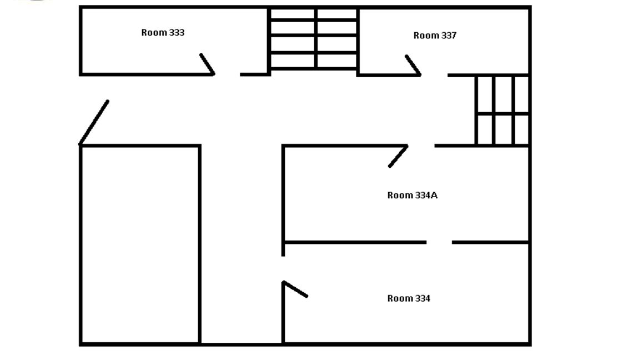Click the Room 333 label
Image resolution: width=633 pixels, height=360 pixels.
163,33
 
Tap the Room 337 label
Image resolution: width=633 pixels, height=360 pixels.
435,36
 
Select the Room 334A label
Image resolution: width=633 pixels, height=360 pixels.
412,196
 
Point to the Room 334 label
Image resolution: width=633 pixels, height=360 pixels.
409,298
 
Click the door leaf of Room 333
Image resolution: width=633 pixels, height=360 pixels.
208,64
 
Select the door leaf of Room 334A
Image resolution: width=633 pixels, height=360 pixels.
398,156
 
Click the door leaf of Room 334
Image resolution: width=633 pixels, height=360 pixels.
295,289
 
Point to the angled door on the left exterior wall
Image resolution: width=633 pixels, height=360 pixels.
94,122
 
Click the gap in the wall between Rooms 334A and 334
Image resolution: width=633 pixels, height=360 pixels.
439,242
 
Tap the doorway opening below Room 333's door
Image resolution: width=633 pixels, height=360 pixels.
228,74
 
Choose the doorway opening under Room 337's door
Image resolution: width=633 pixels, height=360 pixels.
434,75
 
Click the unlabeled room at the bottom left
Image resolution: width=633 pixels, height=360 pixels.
140,244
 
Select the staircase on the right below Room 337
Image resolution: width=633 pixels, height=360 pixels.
502,110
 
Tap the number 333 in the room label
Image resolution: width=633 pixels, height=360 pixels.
177,33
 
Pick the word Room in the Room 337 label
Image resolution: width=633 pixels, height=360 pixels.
426,36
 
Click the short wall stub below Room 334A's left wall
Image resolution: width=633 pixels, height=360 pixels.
283,249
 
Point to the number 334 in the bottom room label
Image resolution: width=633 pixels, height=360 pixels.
423,298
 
